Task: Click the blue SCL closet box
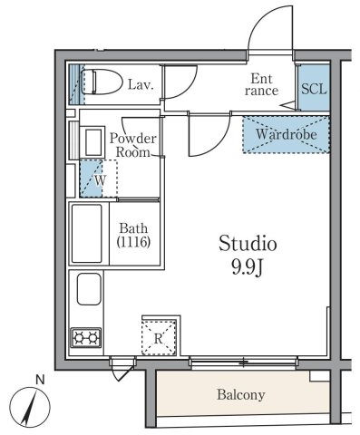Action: click(315, 89)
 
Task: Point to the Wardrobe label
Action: click(285, 135)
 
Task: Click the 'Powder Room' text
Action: click(133, 145)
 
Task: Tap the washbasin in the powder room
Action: click(92, 142)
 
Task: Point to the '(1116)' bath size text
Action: click(132, 242)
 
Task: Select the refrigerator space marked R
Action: click(158, 338)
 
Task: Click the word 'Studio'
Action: click(245, 245)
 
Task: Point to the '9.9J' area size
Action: click(245, 269)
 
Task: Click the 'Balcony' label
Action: click(240, 395)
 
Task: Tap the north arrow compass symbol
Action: click(31, 404)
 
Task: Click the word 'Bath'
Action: click(132, 227)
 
